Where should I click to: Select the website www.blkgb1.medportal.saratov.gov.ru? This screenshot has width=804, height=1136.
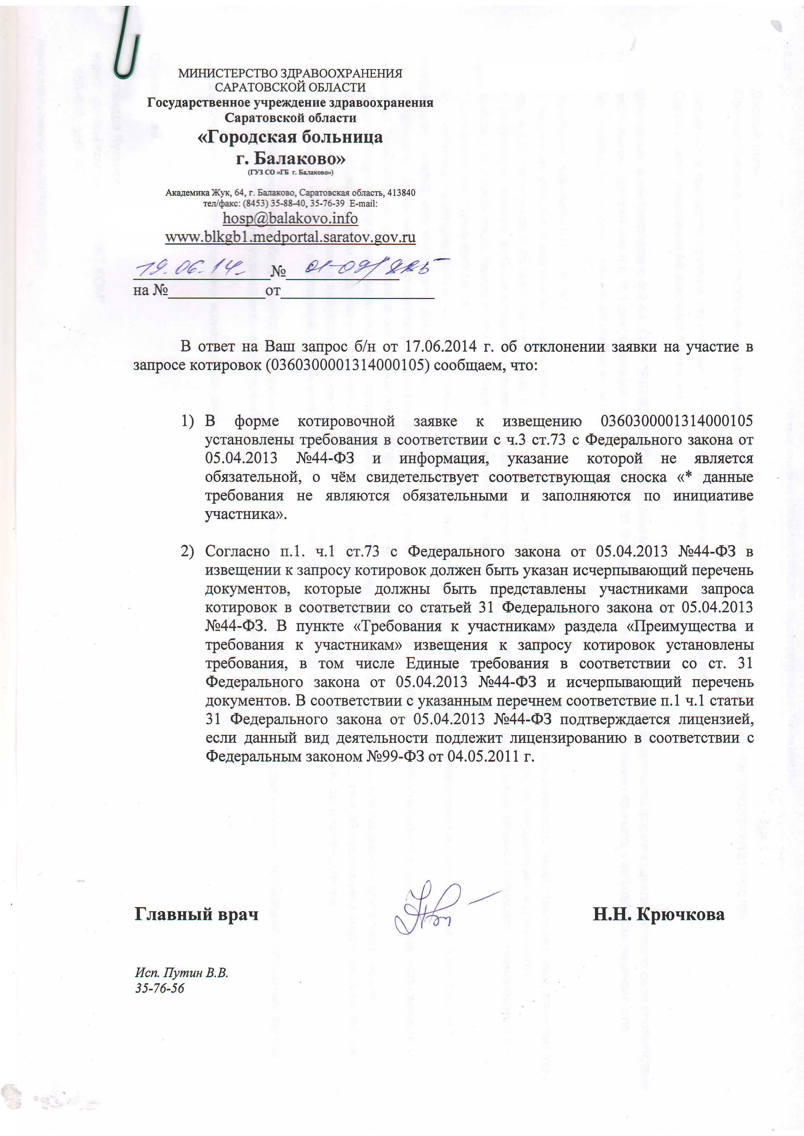tap(290, 237)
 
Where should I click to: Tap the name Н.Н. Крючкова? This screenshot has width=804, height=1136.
tap(658, 914)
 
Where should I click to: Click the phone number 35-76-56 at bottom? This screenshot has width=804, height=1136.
tap(160, 988)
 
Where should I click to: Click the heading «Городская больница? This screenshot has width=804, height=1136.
tap(290, 137)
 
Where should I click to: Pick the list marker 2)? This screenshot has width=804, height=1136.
tap(187, 551)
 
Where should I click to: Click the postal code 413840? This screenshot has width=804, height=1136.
tap(401, 192)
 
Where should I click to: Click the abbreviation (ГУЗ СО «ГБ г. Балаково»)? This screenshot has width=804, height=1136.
tap(290, 172)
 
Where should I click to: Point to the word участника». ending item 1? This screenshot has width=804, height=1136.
tap(246, 514)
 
